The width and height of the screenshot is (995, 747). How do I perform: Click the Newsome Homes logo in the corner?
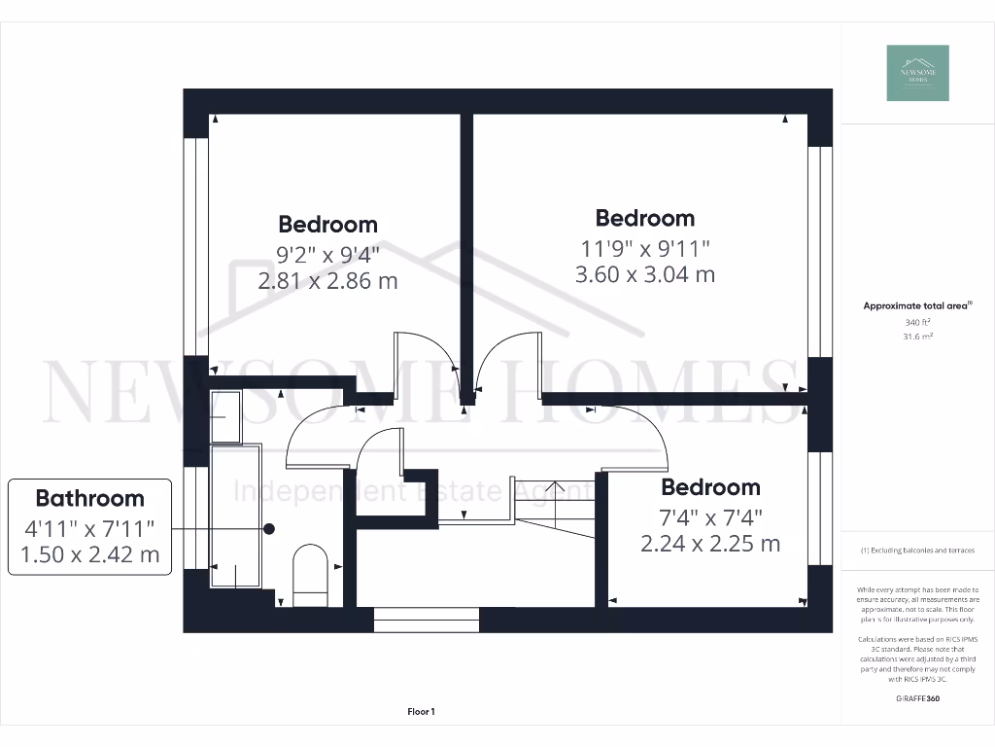[x=917, y=73]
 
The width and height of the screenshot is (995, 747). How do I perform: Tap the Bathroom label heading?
[x=89, y=498]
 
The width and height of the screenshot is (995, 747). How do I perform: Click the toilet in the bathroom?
[x=311, y=574]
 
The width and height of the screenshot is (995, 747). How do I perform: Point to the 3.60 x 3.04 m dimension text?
[x=645, y=274]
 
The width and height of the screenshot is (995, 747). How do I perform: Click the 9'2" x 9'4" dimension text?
[x=327, y=255]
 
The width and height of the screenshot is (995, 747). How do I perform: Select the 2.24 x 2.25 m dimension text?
[x=710, y=544]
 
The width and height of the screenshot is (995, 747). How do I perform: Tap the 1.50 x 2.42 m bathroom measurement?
[x=89, y=555]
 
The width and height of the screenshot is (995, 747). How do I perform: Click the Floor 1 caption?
[x=421, y=712]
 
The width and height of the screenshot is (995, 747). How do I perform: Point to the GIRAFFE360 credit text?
[x=917, y=698]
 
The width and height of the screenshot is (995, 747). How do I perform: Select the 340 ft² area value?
[x=917, y=322]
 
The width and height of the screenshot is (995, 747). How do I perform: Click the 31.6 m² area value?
[x=917, y=338]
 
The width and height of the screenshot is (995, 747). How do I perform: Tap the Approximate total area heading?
[x=916, y=305]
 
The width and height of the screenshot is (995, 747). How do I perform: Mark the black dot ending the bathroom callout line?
[x=269, y=528]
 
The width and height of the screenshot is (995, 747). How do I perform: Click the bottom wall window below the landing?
[x=428, y=619]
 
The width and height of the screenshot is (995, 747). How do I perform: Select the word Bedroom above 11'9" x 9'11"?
[x=645, y=218]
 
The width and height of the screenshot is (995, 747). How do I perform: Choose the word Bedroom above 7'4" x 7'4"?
[x=710, y=486]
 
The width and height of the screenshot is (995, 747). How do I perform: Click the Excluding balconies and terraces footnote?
[x=917, y=551]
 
